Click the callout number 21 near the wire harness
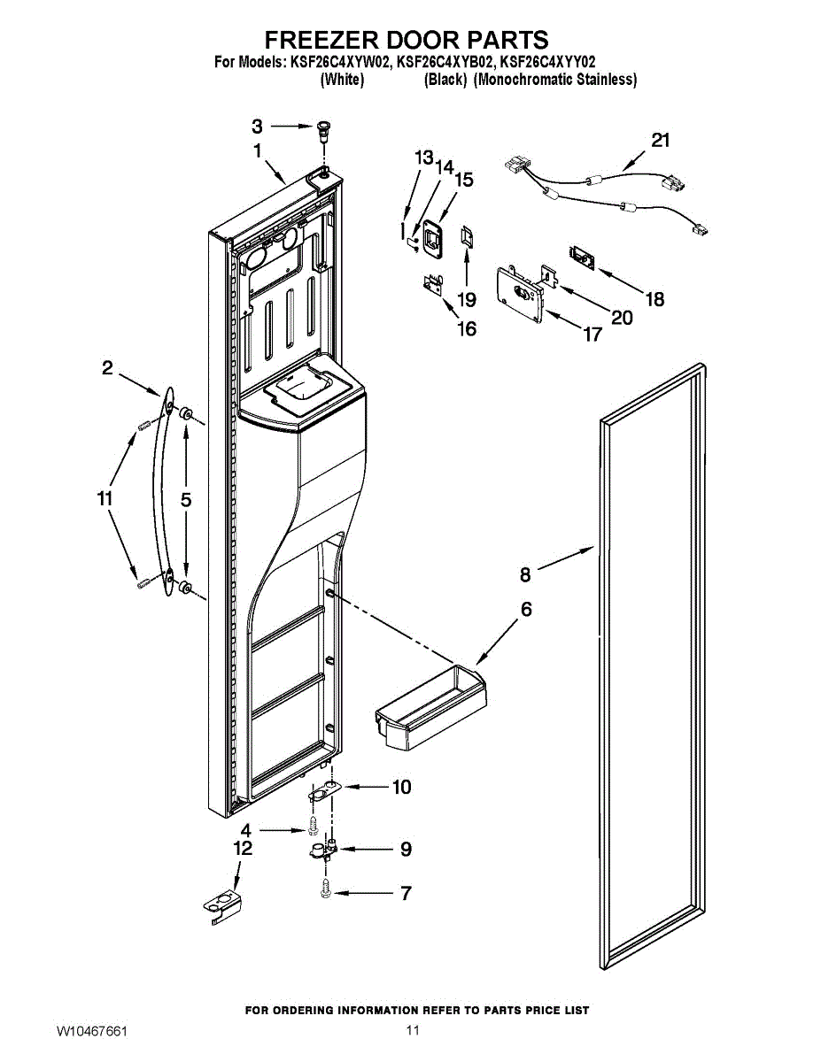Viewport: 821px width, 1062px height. (661, 140)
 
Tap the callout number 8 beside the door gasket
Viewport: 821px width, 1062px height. (525, 575)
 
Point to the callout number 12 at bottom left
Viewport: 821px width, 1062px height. (242, 848)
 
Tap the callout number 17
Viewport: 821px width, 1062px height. (592, 334)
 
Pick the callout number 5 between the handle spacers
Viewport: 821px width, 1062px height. (186, 500)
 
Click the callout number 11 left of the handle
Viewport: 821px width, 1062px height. (105, 499)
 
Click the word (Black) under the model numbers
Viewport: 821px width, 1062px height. (445, 80)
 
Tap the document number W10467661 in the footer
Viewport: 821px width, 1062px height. (92, 1032)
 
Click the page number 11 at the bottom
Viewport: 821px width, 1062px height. (412, 1031)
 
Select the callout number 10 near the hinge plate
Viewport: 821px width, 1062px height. (401, 787)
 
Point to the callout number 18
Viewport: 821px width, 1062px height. (654, 299)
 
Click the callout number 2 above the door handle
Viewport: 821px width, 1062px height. (107, 368)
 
